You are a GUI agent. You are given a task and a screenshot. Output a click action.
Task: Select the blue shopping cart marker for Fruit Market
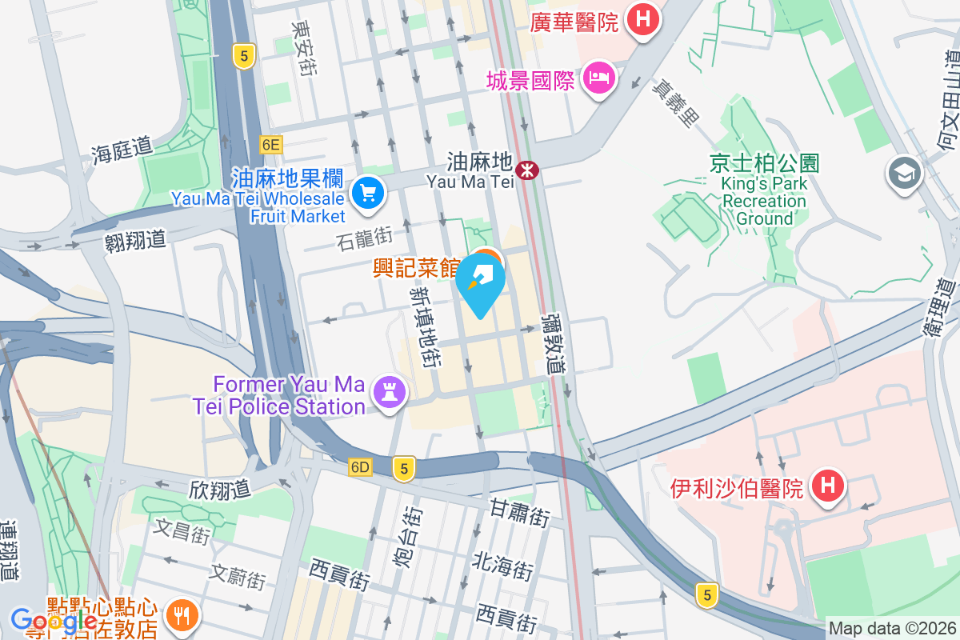point(367,193)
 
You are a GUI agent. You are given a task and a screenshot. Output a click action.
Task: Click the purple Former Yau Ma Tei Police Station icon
point(390,392)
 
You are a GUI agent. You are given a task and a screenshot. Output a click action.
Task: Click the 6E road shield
point(271,144)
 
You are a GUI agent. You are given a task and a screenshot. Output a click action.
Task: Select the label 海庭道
point(122,150)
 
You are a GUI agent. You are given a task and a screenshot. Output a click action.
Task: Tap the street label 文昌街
point(182,531)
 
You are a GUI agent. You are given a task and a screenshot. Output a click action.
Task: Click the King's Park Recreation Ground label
point(764,201)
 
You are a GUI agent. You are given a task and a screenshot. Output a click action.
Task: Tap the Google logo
point(54,621)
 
